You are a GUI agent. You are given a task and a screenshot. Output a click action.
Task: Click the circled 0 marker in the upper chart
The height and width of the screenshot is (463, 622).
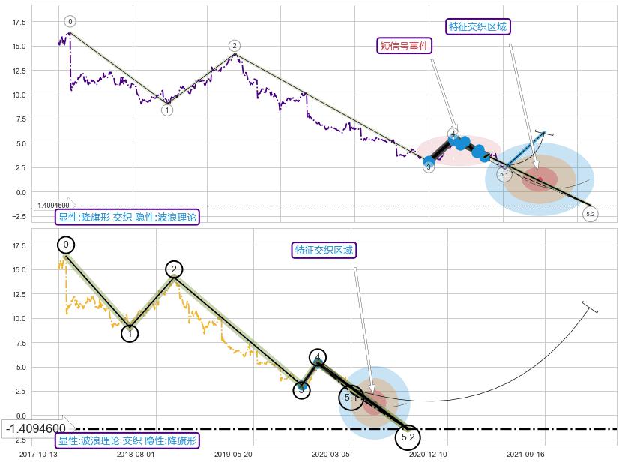[x=70, y=22]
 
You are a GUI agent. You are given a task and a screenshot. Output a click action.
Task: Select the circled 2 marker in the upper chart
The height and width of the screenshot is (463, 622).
[x=235, y=46]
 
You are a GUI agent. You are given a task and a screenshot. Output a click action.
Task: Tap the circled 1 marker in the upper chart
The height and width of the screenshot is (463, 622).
[x=167, y=110]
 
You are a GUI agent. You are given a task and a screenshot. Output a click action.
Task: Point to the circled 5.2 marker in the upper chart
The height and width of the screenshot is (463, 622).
[x=591, y=215]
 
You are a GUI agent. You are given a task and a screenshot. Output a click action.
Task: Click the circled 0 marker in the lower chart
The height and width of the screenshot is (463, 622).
[x=66, y=245]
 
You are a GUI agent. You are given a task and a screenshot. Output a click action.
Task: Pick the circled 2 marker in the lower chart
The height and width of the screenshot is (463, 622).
[x=174, y=269]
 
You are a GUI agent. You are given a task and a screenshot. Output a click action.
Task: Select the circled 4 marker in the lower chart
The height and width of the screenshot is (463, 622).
[x=318, y=357]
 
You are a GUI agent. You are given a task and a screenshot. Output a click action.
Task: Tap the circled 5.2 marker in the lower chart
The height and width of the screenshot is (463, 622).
[x=408, y=437]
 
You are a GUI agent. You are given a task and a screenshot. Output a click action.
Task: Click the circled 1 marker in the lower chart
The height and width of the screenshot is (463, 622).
[x=130, y=334]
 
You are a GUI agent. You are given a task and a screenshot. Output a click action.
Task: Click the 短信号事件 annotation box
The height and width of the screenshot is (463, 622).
[x=405, y=46]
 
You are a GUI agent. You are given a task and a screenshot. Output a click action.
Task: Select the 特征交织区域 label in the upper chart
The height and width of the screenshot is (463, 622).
[x=477, y=27]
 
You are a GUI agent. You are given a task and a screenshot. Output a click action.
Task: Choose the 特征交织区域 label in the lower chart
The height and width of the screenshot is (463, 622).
[x=324, y=250]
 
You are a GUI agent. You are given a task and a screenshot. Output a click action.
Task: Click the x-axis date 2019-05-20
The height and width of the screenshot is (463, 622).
[x=232, y=454]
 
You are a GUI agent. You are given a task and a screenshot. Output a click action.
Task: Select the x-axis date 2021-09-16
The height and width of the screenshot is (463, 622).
[x=526, y=454]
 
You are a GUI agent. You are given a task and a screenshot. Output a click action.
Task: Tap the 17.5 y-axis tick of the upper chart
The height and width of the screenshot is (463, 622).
[x=19, y=23]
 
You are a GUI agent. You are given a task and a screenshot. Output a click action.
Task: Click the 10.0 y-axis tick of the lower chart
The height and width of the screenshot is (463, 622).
[x=19, y=318]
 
